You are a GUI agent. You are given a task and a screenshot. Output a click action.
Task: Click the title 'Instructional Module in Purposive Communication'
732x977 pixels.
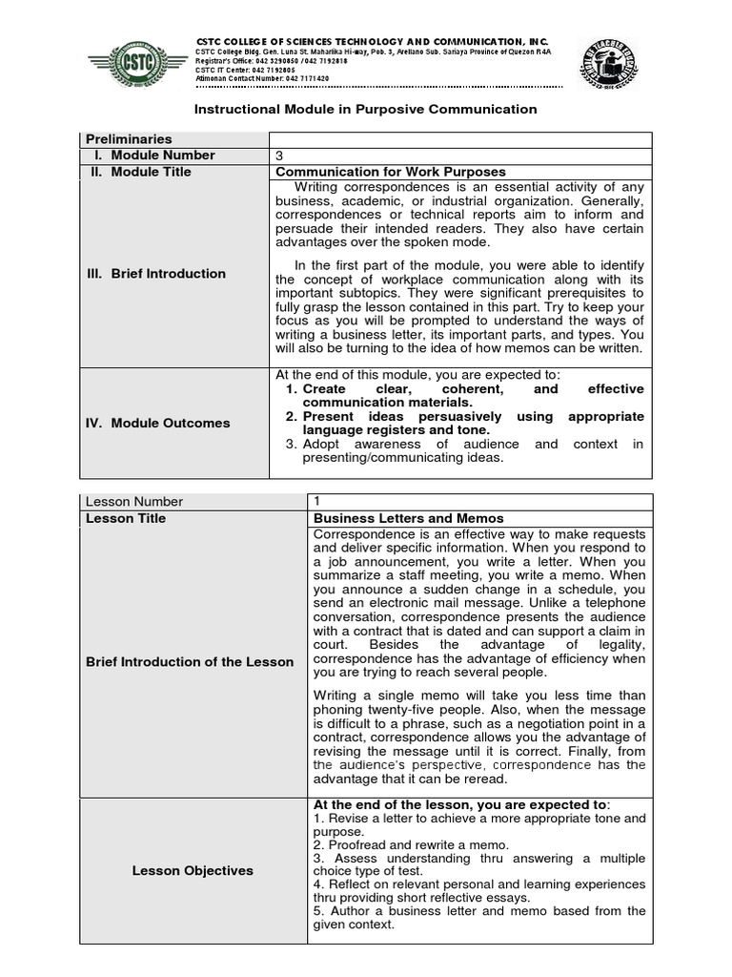point(366,110)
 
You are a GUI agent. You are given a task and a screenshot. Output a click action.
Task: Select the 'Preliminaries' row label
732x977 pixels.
point(128,139)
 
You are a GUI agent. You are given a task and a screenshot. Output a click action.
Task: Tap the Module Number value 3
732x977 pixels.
point(279,156)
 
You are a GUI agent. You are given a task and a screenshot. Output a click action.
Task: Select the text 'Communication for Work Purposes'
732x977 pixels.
point(376,172)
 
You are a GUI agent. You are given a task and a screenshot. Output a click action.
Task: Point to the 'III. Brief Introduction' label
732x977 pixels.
point(155,274)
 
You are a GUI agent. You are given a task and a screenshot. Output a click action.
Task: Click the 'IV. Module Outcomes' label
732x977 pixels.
point(157,423)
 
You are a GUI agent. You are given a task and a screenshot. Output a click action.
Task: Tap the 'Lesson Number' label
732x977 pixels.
point(134,502)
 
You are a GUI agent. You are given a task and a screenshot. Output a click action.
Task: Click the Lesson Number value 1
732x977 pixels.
point(317,502)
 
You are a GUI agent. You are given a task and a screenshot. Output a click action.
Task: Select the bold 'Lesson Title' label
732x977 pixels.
point(126,518)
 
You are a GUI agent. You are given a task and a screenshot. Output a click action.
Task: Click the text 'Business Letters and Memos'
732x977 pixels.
point(409,518)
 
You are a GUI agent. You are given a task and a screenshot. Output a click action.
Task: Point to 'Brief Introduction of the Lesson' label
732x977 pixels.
point(190,661)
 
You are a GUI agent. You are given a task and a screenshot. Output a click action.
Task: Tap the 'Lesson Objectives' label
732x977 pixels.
point(193,870)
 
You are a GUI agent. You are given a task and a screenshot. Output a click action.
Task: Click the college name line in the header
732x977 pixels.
point(372,41)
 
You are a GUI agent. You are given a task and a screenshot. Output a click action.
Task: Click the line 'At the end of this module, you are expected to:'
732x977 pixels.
point(418,375)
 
